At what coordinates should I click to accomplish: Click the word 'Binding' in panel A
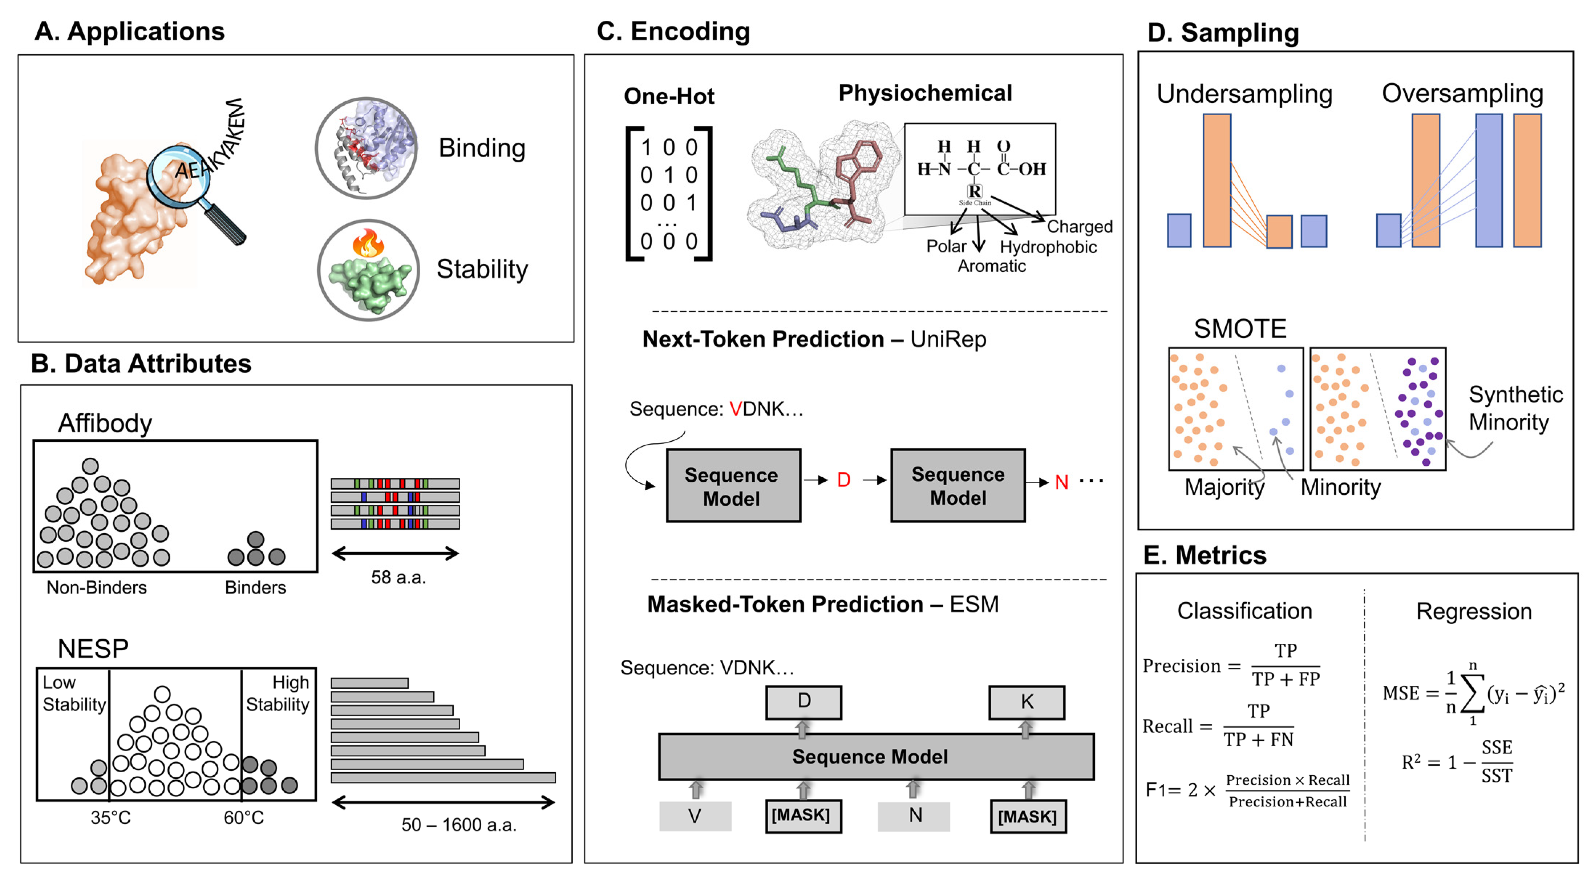(482, 148)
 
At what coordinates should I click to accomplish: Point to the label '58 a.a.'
(398, 577)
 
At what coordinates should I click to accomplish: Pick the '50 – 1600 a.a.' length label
(459, 824)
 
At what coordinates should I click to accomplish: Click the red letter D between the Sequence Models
(843, 480)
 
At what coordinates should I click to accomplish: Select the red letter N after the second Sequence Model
(1061, 482)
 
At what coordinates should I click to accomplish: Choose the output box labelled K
(1027, 701)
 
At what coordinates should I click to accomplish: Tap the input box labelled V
(695, 816)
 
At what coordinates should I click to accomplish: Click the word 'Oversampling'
(1462, 93)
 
